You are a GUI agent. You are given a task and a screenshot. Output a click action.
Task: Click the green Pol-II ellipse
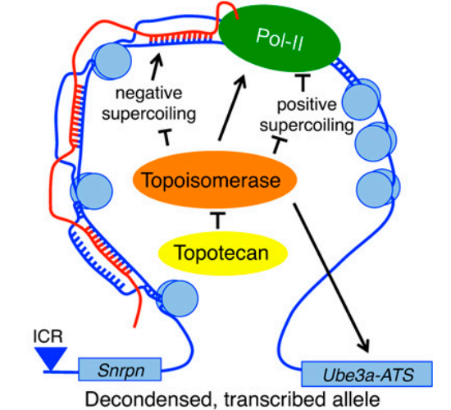[280, 40]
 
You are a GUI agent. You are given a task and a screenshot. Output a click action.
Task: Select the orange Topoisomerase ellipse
[215, 180]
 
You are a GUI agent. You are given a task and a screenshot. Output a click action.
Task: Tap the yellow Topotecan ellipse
[222, 253]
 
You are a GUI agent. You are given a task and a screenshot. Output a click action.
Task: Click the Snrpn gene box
[120, 370]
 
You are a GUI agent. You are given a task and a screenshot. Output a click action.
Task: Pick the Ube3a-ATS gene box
[367, 374]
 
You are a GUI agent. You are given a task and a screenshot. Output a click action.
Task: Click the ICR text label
[48, 336]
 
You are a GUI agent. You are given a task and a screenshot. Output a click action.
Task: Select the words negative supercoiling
[149, 103]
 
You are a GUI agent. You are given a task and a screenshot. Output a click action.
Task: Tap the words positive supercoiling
[307, 115]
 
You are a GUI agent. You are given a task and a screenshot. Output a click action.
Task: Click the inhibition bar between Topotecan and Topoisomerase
[218, 220]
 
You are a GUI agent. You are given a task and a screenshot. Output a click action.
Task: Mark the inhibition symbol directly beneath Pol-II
[303, 82]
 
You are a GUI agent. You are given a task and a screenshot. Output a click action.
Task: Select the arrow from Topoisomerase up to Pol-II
[232, 108]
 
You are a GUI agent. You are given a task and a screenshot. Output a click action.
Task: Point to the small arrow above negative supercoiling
[156, 66]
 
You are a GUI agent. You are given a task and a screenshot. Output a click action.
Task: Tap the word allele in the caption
[354, 399]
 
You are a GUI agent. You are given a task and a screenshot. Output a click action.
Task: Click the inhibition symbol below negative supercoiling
[166, 137]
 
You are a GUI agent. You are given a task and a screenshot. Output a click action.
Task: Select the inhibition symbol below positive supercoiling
[278, 145]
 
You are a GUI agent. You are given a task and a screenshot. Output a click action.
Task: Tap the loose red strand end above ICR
[134, 327]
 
